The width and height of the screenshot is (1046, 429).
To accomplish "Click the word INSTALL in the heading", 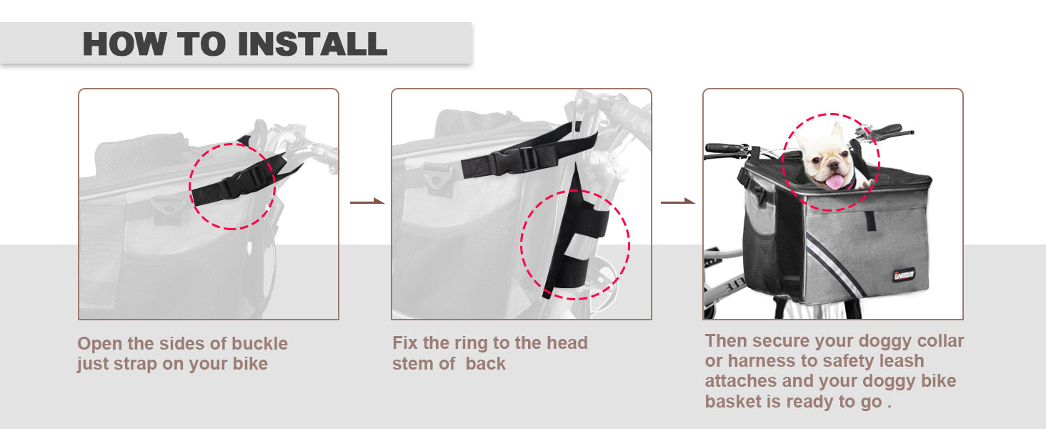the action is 312,44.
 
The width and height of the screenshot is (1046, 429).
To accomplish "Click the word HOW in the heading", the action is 125,44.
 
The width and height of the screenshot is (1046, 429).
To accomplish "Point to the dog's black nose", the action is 832,164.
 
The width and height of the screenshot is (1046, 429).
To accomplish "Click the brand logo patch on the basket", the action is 904,275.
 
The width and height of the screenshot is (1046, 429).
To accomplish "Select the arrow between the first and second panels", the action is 367,202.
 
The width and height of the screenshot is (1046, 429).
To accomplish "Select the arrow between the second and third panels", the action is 678,202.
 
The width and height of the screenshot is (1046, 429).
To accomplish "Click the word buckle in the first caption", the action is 259,343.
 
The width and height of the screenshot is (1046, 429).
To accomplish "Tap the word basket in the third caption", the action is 733,401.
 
